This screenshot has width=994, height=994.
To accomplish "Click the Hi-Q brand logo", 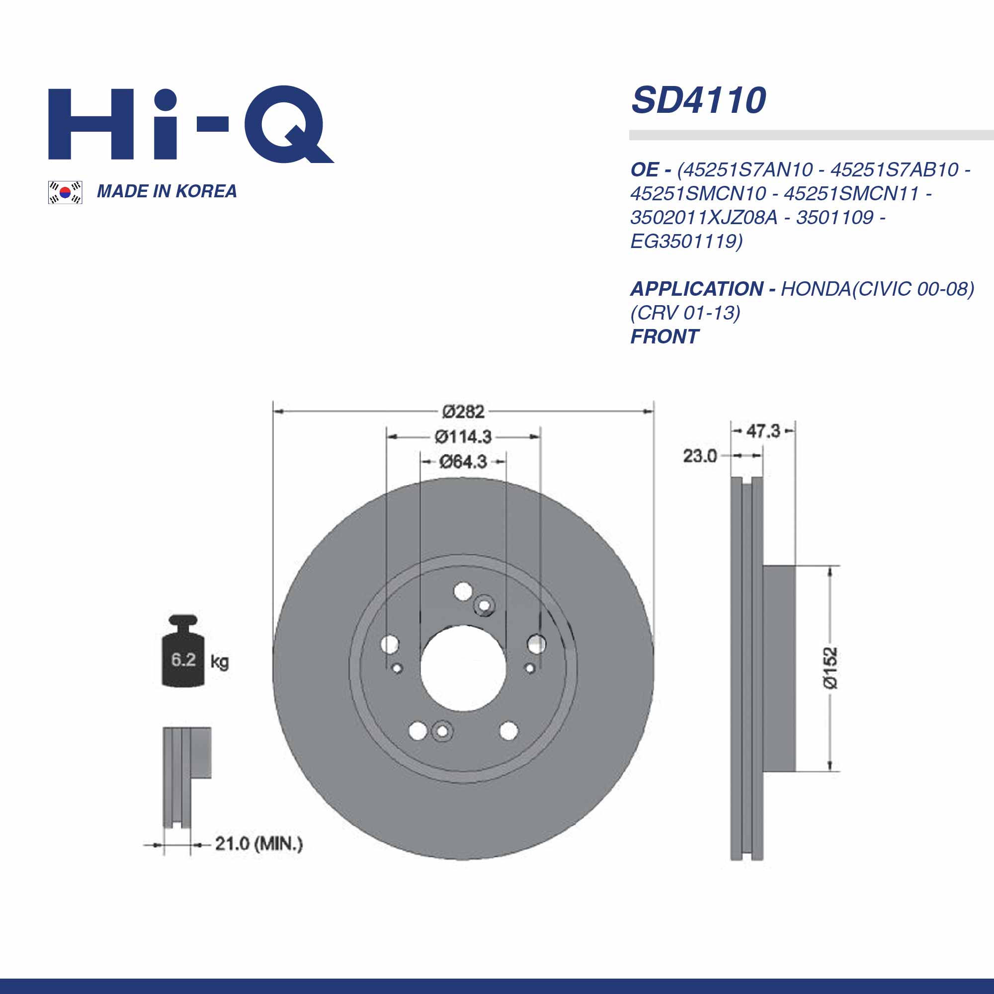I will [x=190, y=123].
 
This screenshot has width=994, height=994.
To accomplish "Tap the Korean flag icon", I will [x=65, y=192].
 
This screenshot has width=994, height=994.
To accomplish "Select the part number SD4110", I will [x=698, y=100].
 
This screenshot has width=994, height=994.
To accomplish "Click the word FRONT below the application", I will [x=664, y=337].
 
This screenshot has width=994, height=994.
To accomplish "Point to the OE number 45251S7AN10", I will [x=745, y=170].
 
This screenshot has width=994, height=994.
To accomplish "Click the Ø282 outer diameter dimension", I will [x=463, y=412].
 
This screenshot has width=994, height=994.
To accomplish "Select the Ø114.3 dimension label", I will [x=463, y=437].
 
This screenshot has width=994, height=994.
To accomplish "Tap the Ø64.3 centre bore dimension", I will [x=463, y=462].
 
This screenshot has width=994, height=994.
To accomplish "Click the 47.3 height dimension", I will [x=763, y=430].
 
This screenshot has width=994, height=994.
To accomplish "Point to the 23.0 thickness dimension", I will [x=699, y=456].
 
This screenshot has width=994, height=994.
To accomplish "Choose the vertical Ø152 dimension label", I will [x=830, y=668].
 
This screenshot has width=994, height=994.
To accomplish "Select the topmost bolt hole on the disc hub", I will [x=463, y=591].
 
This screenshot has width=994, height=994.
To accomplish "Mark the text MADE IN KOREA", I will [x=166, y=191].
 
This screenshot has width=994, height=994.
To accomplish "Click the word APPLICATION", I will [x=697, y=289].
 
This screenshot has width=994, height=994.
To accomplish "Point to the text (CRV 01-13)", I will [x=685, y=313].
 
